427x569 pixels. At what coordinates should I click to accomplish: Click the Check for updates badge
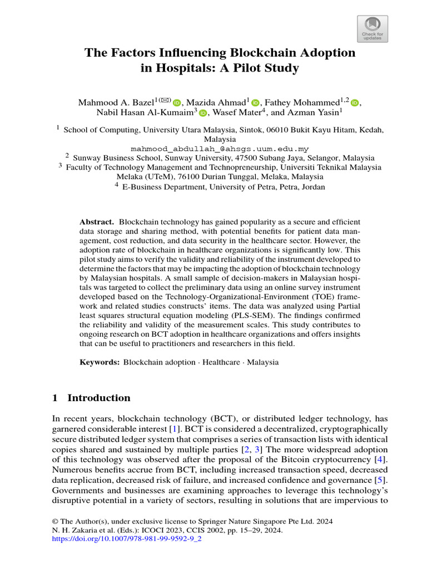(x=372, y=29)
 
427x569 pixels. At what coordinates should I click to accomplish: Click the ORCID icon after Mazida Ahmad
(x=256, y=103)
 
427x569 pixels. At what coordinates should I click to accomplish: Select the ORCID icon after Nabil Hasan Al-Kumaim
(x=203, y=113)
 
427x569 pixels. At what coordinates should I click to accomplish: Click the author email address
(x=220, y=149)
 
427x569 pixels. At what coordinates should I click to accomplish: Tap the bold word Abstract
(x=97, y=222)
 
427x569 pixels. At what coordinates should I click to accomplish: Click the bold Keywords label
(x=100, y=362)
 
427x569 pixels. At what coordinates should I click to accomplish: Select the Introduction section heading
(x=98, y=398)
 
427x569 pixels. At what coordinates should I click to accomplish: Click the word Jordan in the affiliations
(x=313, y=187)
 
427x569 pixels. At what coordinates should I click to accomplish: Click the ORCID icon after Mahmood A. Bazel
(x=177, y=103)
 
